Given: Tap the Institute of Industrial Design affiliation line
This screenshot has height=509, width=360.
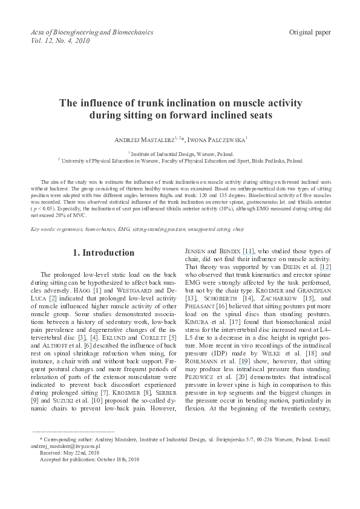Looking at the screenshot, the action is pyautogui.click(x=180, y=154).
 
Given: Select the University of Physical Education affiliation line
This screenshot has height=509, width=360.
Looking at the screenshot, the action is pyautogui.click(x=180, y=161).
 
